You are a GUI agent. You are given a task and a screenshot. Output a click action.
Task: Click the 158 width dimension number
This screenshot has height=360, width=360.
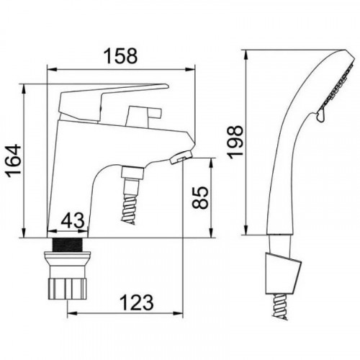pyautogui.click(x=121, y=55)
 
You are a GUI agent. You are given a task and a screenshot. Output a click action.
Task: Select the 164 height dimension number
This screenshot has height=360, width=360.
pyautogui.click(x=14, y=161)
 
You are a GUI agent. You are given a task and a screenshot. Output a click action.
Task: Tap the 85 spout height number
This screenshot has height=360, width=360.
pyautogui.click(x=200, y=197)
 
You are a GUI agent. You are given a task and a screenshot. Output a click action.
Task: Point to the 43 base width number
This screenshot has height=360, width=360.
pyautogui.click(x=73, y=220)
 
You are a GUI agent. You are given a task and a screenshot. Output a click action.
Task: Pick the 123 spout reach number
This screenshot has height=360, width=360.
pyautogui.click(x=136, y=302)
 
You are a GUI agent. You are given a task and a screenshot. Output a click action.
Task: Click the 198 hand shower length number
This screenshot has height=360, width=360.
pyautogui.click(x=235, y=142)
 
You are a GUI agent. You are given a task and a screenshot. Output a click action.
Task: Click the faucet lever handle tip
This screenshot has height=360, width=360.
pyautogui.click(x=166, y=86)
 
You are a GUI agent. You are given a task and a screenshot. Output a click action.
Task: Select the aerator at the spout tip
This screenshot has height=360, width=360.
pyautogui.click(x=181, y=156)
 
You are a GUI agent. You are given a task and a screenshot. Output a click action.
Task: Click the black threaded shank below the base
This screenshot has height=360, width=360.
pyautogui.click(x=68, y=244)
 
